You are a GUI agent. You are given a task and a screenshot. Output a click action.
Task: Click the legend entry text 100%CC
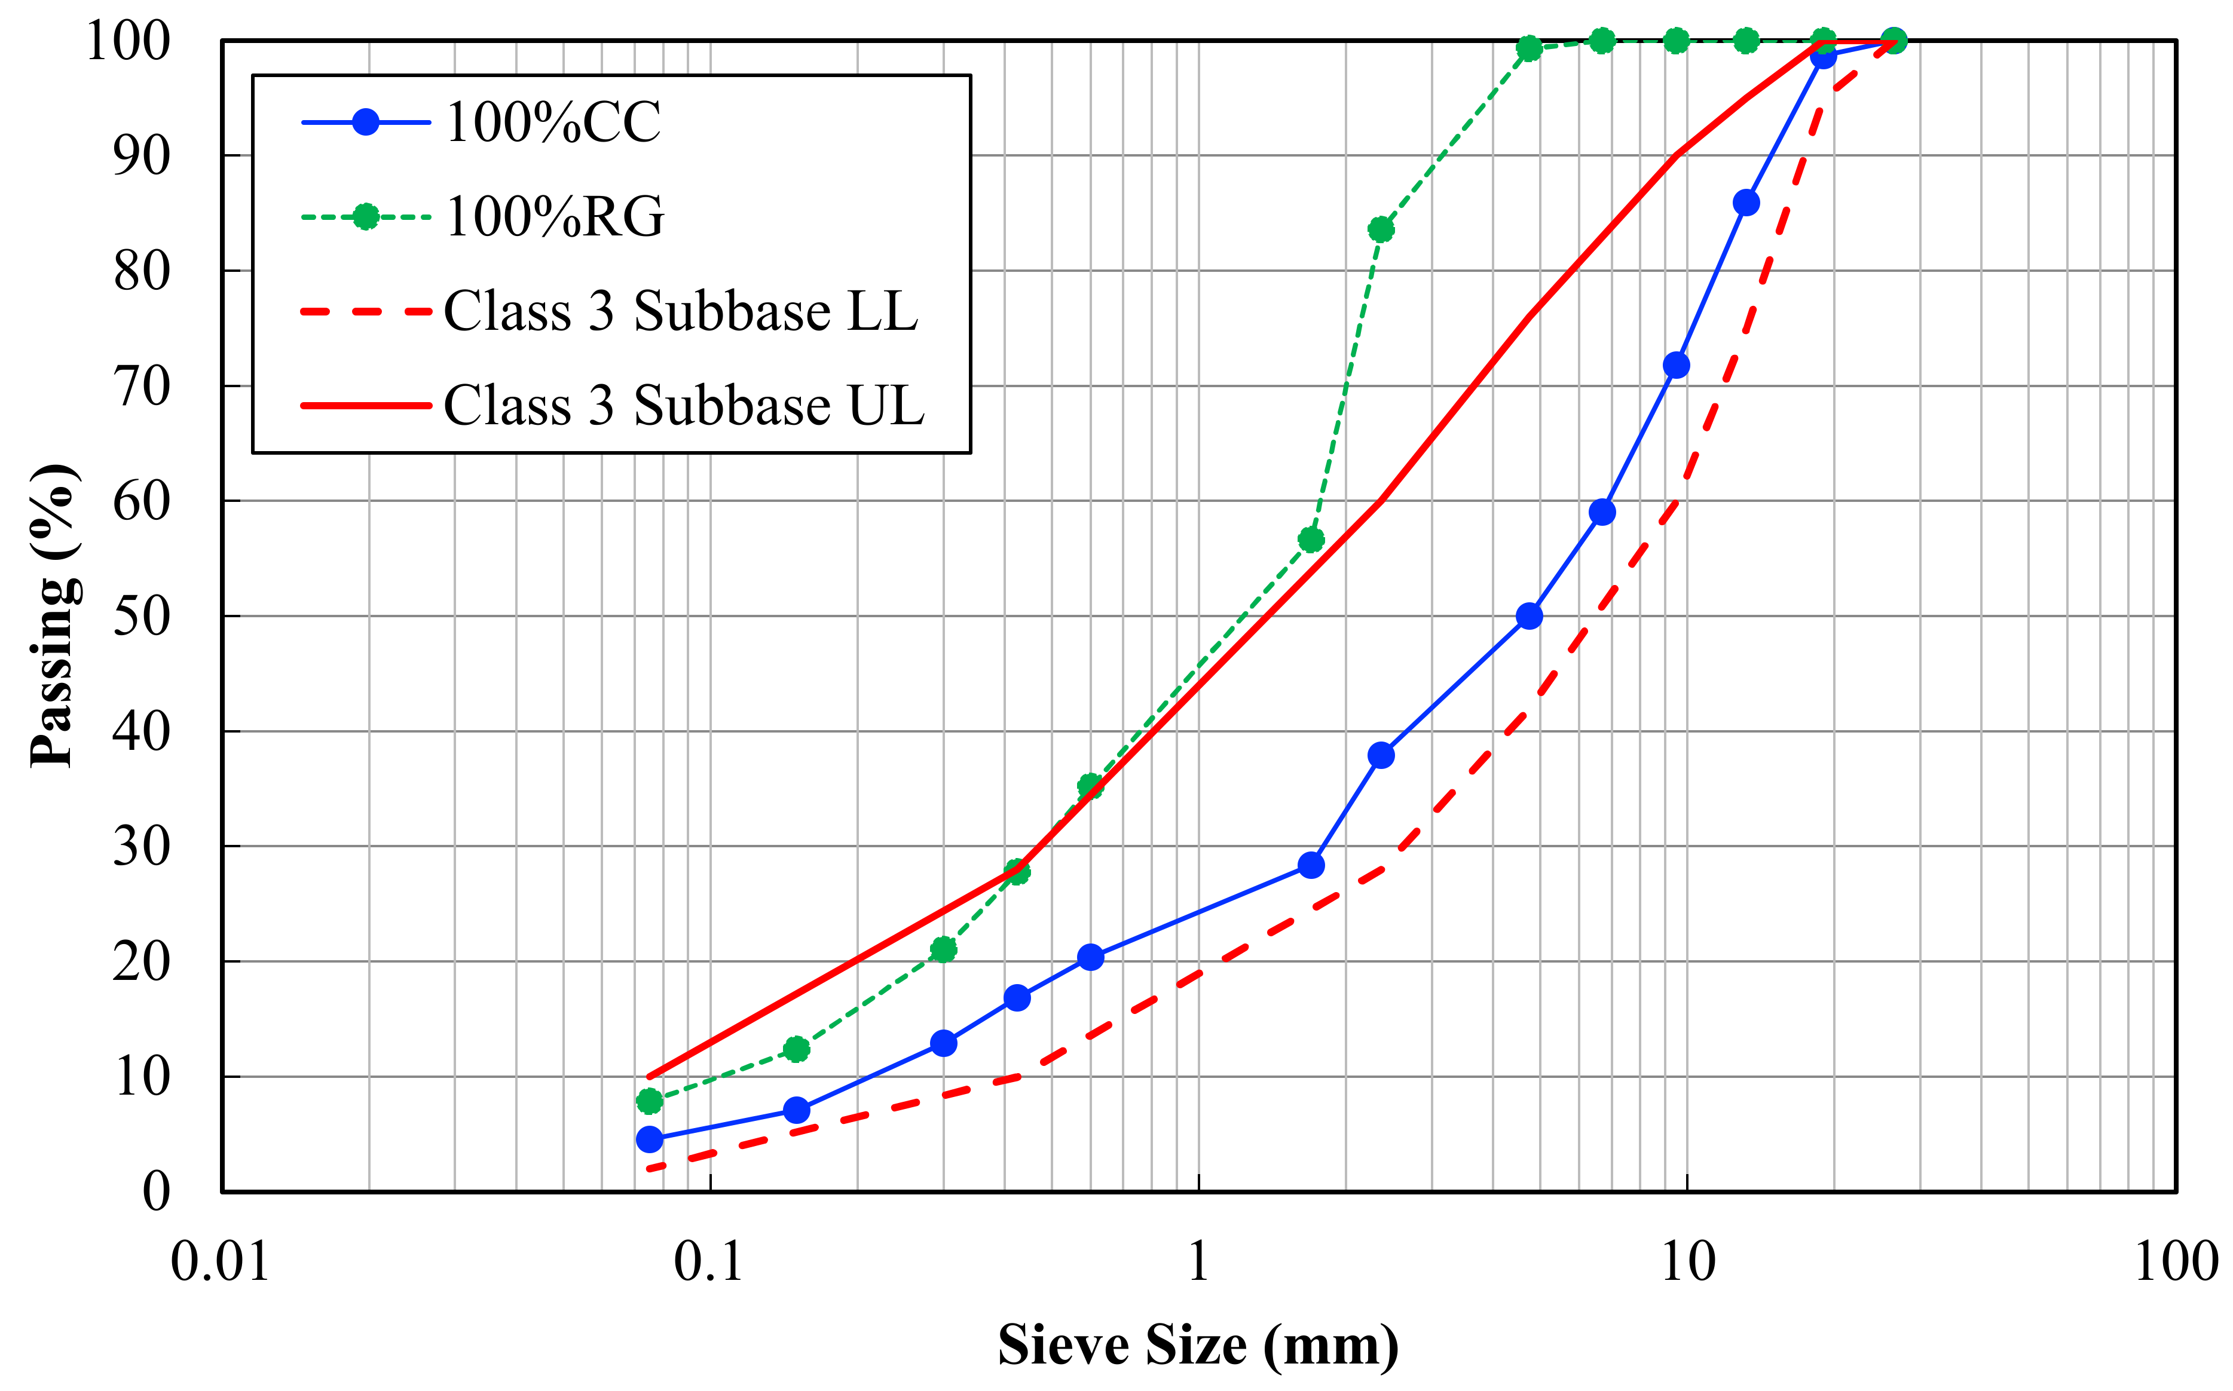[552, 122]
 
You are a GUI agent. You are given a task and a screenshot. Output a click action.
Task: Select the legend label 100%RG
[554, 217]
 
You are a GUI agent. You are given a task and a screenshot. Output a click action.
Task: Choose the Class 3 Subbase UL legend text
[684, 406]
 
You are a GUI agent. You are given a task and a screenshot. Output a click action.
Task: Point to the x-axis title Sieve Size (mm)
[1198, 1345]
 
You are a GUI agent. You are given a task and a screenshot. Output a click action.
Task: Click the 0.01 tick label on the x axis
[221, 1261]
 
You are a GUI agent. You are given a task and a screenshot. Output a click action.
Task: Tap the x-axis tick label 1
[1198, 1261]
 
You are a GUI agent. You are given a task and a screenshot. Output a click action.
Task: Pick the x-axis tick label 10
[1687, 1261]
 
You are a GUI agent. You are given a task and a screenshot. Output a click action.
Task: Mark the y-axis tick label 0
[157, 1191]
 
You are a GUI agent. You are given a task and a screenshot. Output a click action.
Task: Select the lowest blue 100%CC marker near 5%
[650, 1139]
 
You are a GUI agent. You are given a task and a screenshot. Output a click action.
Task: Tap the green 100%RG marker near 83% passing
[1381, 229]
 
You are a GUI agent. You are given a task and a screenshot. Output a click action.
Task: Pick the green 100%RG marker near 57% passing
[1311, 539]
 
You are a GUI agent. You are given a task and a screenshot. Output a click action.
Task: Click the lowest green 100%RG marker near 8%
[650, 1100]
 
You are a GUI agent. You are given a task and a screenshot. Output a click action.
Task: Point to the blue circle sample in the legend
[366, 122]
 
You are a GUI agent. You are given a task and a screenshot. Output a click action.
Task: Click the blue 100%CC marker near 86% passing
[1745, 203]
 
